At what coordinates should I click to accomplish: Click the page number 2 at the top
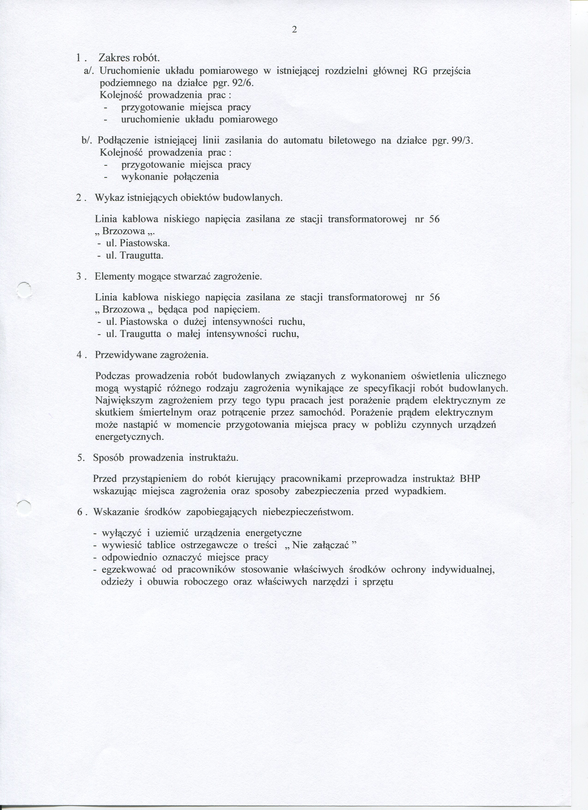(x=294, y=30)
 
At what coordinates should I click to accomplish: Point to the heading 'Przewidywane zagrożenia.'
(x=152, y=355)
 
